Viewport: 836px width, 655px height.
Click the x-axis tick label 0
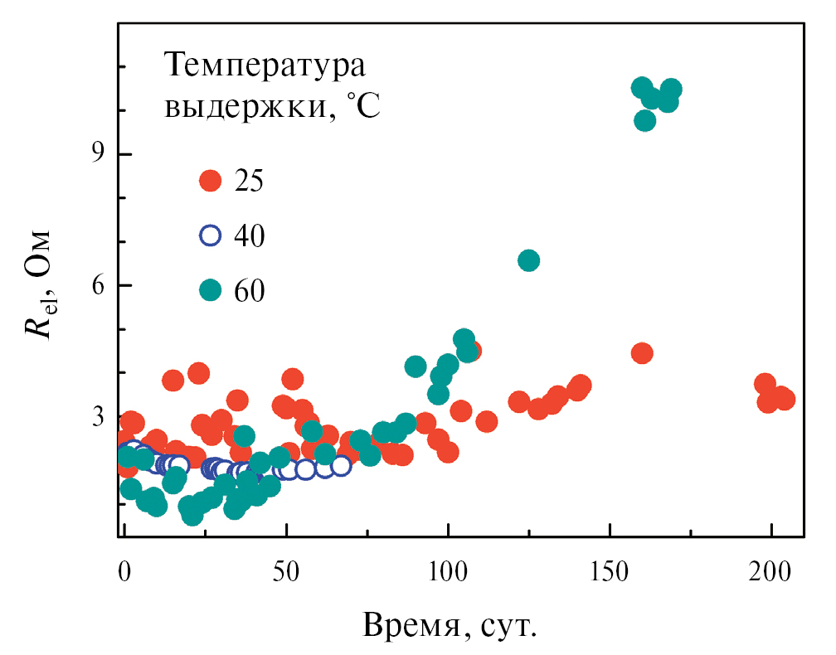click(x=124, y=573)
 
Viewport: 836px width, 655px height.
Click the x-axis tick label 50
click(x=286, y=573)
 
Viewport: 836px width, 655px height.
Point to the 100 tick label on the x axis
click(x=448, y=573)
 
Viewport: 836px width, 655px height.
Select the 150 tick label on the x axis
click(x=610, y=573)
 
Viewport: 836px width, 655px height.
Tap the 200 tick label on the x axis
click(x=771, y=573)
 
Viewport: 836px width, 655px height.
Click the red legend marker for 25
click(x=211, y=181)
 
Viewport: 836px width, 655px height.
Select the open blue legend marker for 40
click(x=211, y=235)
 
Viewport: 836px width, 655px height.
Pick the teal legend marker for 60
click(x=211, y=289)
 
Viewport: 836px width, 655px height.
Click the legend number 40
click(x=250, y=235)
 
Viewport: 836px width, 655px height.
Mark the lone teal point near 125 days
click(x=528, y=260)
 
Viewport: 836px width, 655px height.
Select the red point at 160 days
click(x=641, y=353)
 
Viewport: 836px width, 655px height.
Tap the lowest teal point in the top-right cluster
click(x=644, y=120)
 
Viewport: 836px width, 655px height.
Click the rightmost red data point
click(x=784, y=399)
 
